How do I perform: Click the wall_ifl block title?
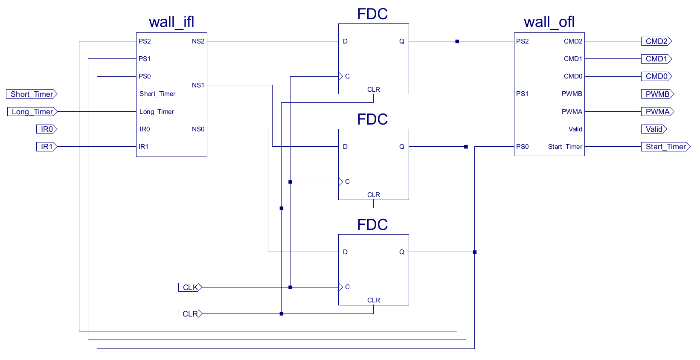171,22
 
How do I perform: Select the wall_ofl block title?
549,22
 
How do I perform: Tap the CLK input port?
190,287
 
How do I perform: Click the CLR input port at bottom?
190,314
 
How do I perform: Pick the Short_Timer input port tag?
32,94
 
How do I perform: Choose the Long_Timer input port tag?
32,112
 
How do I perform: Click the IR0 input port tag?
46,129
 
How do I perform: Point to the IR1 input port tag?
46,147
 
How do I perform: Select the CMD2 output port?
656,41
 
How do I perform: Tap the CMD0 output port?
656,76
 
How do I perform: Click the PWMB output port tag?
657,94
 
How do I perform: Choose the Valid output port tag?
654,129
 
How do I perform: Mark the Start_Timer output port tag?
665,147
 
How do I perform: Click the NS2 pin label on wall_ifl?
198,41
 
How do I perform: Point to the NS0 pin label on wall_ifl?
198,129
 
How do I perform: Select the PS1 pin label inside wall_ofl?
522,94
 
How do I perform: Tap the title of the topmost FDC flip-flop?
372,14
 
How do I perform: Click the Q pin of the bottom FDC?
401,252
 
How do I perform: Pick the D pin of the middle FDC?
345,147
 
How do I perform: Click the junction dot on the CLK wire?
290,287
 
